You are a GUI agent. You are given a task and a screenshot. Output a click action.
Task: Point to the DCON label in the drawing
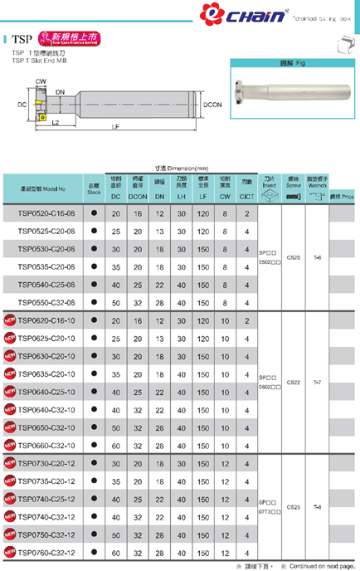(213, 105)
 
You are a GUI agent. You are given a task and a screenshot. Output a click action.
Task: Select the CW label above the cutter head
(40, 81)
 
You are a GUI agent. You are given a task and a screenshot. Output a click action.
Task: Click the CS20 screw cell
(293, 258)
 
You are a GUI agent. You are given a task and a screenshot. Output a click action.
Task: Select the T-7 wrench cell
(316, 383)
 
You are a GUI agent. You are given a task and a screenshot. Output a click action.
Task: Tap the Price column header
(343, 197)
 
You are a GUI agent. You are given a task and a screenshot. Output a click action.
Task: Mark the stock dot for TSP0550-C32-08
(94, 303)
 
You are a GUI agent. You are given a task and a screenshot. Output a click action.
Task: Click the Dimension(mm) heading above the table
(180, 168)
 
